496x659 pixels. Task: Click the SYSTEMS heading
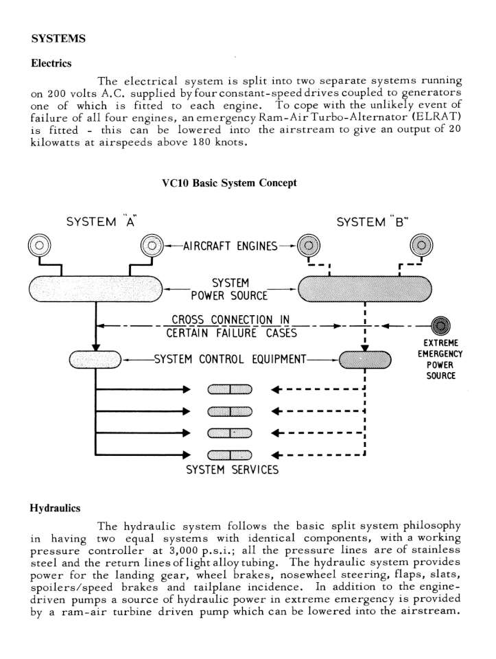coord(58,38)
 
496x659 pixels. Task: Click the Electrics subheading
coord(51,63)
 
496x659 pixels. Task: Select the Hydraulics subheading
coord(55,508)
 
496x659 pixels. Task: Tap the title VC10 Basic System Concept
coord(229,183)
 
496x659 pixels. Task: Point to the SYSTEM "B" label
coord(373,221)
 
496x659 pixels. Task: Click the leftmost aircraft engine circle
coord(40,245)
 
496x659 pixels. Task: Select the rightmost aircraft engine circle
coord(421,246)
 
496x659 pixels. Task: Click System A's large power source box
coord(96,289)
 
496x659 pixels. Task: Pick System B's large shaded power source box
coord(364,289)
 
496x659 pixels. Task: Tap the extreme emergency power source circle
coord(440,325)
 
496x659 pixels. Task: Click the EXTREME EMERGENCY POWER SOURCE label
coord(440,359)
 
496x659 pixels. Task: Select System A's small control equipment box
coord(95,360)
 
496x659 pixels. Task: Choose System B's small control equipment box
coord(365,360)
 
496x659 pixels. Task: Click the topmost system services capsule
coord(230,390)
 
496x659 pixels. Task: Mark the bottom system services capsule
coord(230,455)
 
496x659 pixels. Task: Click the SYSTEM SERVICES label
coord(233,470)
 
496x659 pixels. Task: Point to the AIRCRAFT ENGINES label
coord(230,246)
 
